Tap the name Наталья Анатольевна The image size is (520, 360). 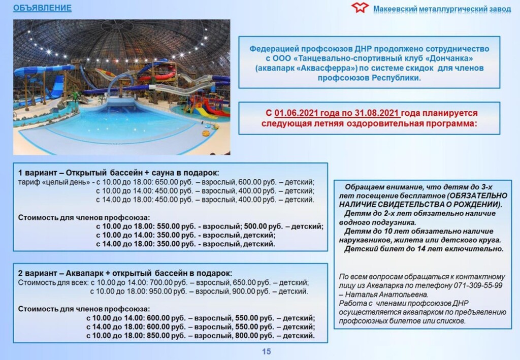point(386,294)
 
